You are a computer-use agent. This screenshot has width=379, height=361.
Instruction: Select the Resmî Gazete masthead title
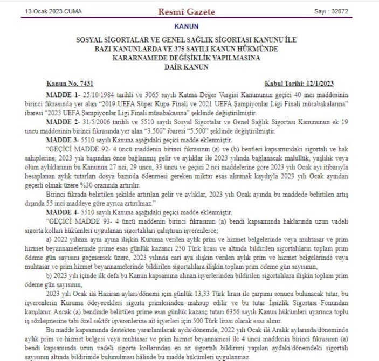click(x=186, y=11)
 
